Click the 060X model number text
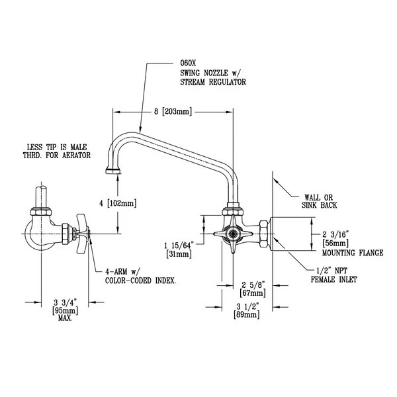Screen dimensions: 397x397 (189, 64)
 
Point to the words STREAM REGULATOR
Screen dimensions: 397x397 (213, 84)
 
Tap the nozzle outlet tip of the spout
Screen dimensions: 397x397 (110, 173)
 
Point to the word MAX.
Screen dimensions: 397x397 (64, 318)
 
